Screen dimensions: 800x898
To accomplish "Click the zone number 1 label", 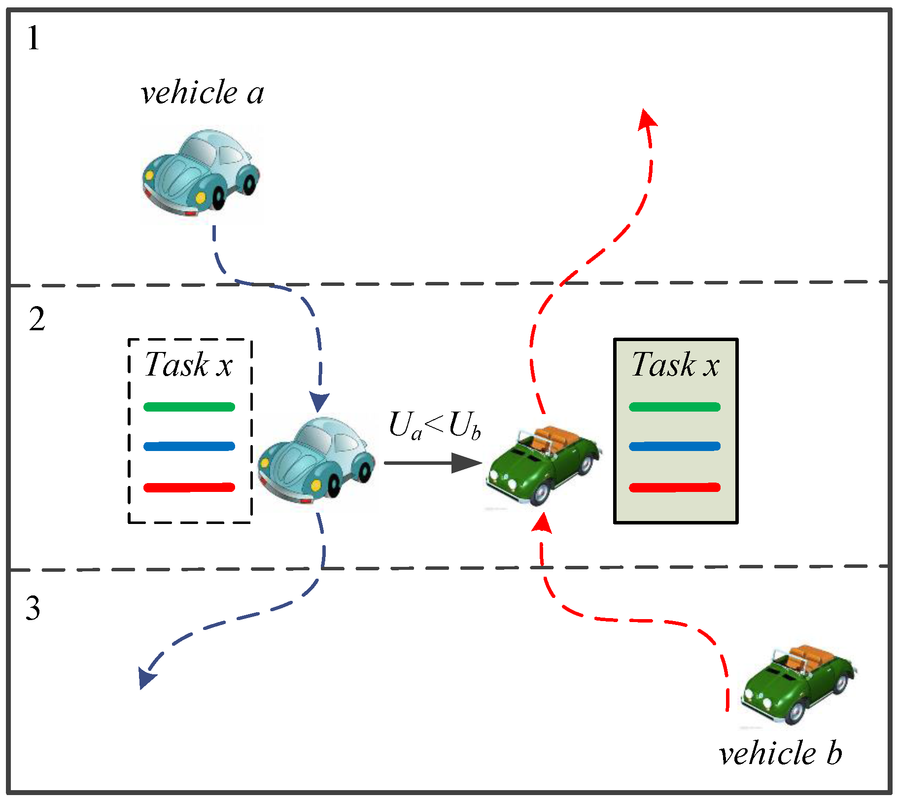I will coord(33,38).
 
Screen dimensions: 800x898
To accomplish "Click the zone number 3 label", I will coord(33,608).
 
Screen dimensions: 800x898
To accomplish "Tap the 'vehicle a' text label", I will coord(202,92).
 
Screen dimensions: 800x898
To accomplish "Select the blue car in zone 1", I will coord(201,173).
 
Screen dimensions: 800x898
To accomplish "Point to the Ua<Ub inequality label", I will coord(434,425).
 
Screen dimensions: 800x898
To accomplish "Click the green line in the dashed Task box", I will coord(189,407).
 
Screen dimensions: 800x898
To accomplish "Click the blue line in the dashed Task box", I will coord(189,447).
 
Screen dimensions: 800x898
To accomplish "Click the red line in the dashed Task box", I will coord(189,487).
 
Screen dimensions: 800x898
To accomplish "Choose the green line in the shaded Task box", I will coord(675,407).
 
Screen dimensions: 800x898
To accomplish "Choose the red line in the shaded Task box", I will coord(675,487).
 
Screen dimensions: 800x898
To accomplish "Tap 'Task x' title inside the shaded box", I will coord(675,365).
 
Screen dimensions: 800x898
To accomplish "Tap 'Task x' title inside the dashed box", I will coord(188,365).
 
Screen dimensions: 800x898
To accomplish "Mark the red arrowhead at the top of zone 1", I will coord(647,119).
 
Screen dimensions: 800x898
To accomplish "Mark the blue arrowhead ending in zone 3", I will coord(147,678).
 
